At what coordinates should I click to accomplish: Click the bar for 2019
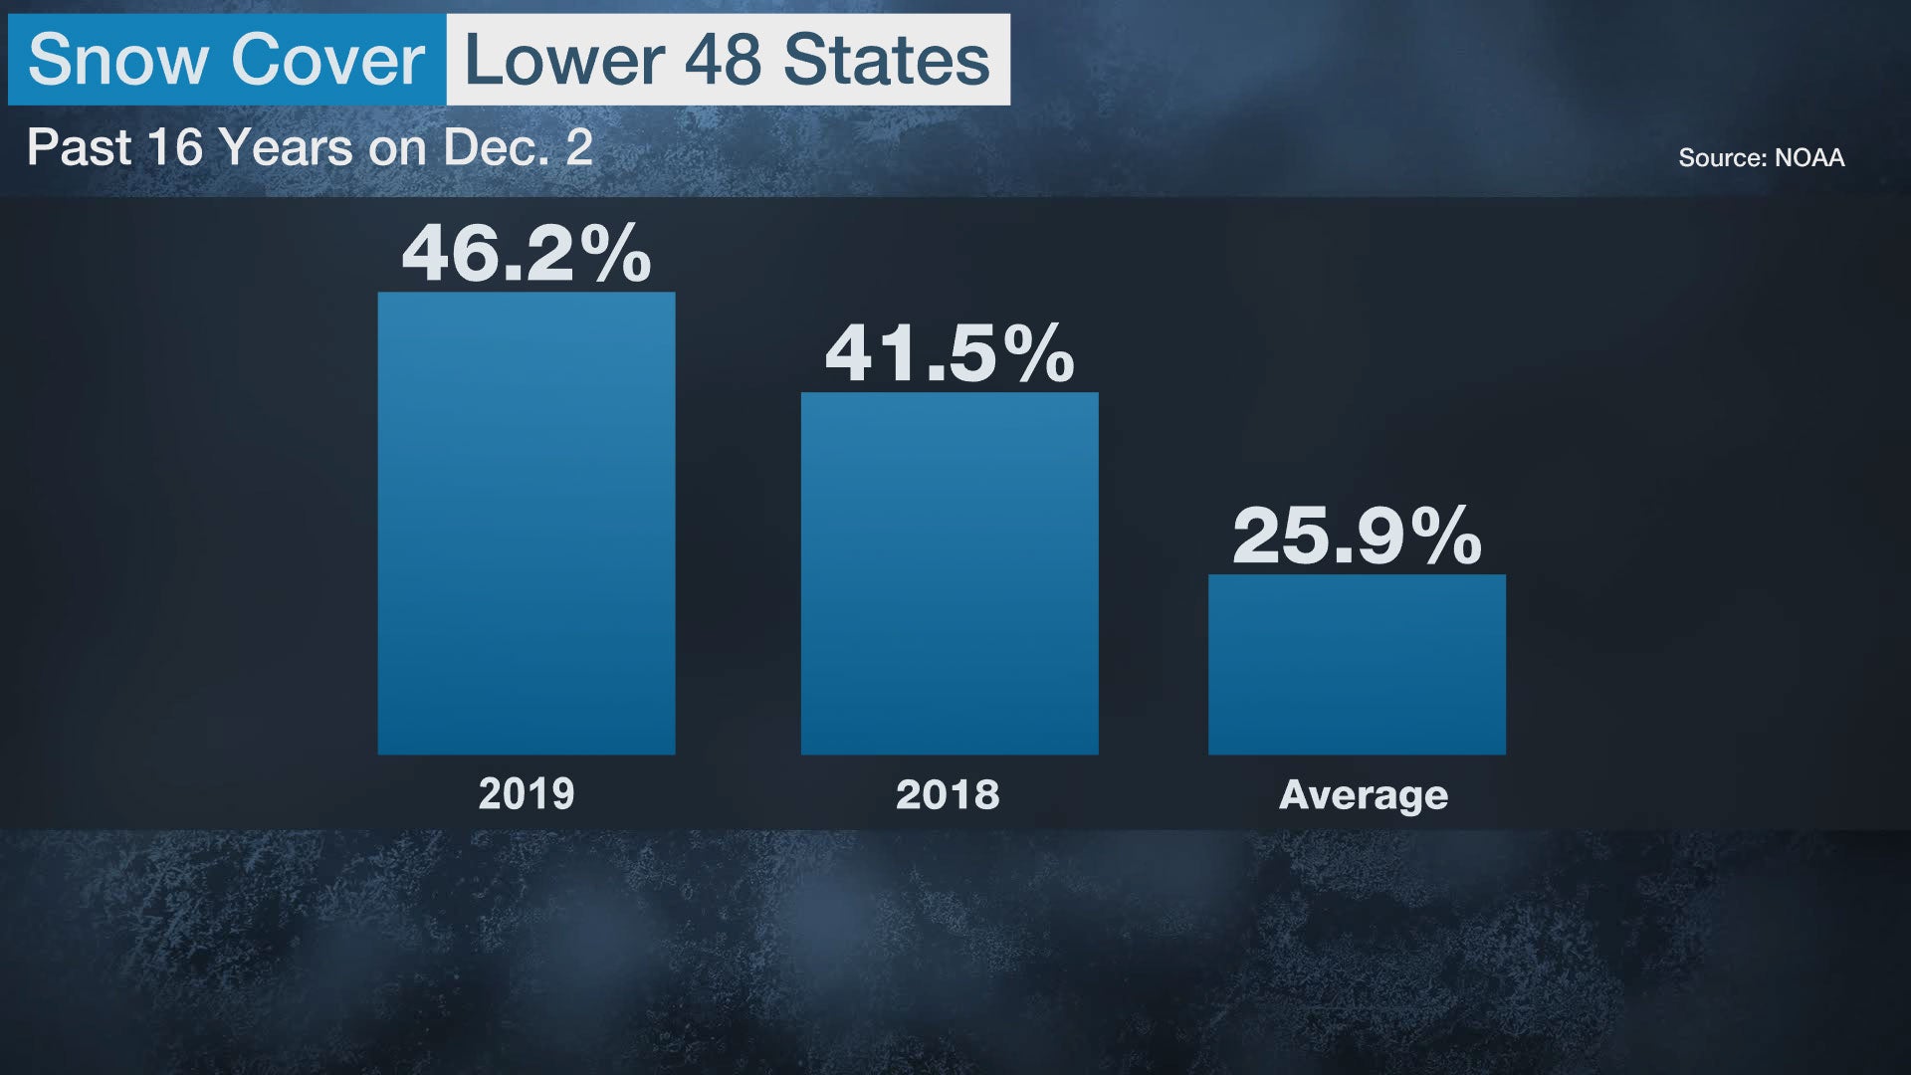pyautogui.click(x=526, y=523)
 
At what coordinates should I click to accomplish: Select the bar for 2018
pyautogui.click(x=950, y=573)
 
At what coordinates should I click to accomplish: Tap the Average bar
pyautogui.click(x=1357, y=664)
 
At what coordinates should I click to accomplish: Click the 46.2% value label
pyautogui.click(x=526, y=254)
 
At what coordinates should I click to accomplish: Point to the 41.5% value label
pyautogui.click(x=950, y=353)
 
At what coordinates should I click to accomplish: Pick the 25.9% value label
pyautogui.click(x=1357, y=537)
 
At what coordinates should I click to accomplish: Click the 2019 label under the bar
pyautogui.click(x=526, y=794)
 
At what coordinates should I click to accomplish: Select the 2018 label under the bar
pyautogui.click(x=948, y=794)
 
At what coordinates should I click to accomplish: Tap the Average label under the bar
pyautogui.click(x=1363, y=794)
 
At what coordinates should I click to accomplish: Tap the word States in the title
pyautogui.click(x=886, y=60)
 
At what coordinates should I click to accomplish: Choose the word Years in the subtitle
pyautogui.click(x=287, y=147)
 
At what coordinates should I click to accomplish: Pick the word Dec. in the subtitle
pyautogui.click(x=496, y=147)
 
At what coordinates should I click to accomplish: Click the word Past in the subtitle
pyautogui.click(x=79, y=147)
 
